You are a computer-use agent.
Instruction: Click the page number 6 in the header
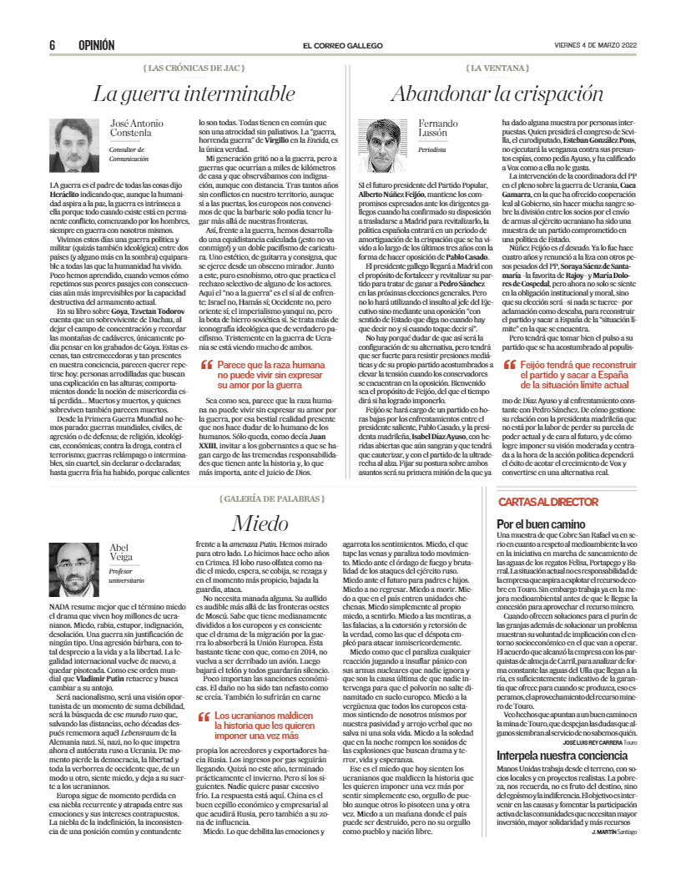(52, 45)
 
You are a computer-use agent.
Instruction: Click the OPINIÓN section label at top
(96, 45)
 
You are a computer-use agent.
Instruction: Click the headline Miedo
(260, 523)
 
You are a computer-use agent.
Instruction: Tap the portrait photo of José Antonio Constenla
(75, 145)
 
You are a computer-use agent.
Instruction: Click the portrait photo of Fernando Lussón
(382, 145)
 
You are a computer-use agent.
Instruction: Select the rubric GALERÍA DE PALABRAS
(260, 498)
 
